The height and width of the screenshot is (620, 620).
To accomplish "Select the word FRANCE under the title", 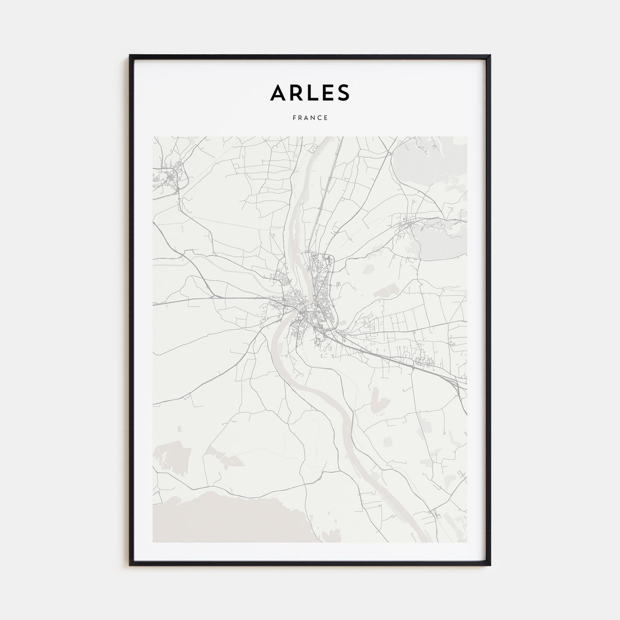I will click(310, 118).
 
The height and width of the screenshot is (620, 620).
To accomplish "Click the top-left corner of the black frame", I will click(130, 56).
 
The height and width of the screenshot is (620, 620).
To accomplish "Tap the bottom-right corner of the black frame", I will click(490, 565).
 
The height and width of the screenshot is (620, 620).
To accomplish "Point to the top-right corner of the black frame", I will click(490, 56).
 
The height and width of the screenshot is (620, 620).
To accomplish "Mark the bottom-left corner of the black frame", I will click(130, 565).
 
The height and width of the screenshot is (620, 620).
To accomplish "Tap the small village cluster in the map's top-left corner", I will click(170, 177).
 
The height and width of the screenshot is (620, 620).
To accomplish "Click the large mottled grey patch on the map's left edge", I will click(170, 456).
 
